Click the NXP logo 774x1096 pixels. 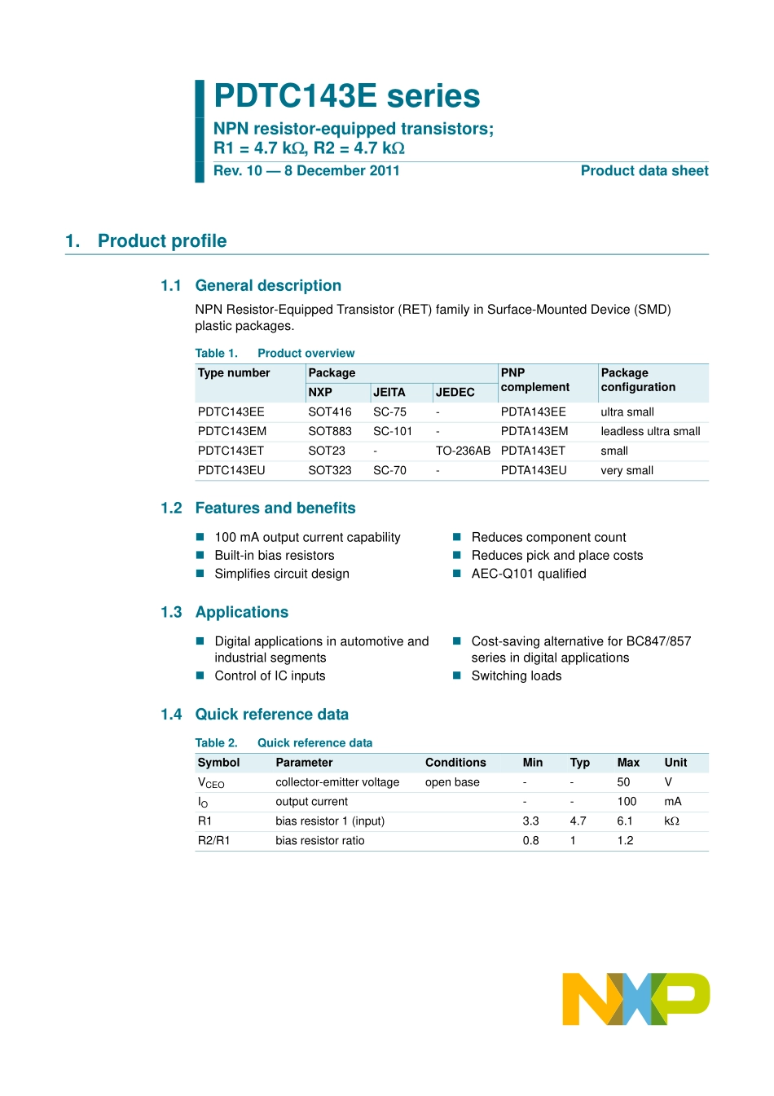click(x=635, y=998)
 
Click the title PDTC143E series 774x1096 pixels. click(x=346, y=96)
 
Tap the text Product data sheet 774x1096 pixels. click(x=644, y=171)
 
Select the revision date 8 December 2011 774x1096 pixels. click(x=341, y=171)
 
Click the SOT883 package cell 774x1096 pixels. click(x=329, y=431)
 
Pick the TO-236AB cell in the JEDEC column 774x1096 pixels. click(x=463, y=451)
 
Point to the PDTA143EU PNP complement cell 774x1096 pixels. click(x=533, y=470)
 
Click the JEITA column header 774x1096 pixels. click(x=389, y=392)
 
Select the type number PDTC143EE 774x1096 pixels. click(x=231, y=412)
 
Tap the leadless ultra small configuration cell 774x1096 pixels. click(x=650, y=431)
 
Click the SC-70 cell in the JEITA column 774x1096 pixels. click(x=389, y=470)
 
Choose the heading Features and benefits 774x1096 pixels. click(x=275, y=508)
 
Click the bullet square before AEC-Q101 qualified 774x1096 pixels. click(x=457, y=573)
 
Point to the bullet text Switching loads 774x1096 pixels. click(x=516, y=676)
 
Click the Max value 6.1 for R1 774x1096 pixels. click(x=625, y=821)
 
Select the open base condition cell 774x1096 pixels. click(x=452, y=782)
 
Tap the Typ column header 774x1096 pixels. click(x=579, y=763)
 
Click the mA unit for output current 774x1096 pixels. click(x=672, y=801)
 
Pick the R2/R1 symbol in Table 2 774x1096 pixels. click(x=213, y=840)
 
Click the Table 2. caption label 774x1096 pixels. click(x=216, y=743)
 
